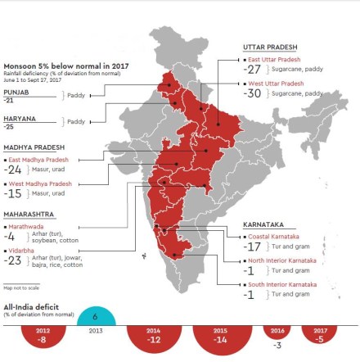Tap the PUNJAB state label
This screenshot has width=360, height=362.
(16, 93)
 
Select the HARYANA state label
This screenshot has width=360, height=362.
(20, 119)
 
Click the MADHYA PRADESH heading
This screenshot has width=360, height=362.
(35, 147)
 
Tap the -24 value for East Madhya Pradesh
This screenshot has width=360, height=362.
(13, 169)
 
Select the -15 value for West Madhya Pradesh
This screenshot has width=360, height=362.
(13, 194)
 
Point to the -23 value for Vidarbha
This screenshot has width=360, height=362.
(13, 261)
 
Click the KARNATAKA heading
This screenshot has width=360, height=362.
(263, 224)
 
